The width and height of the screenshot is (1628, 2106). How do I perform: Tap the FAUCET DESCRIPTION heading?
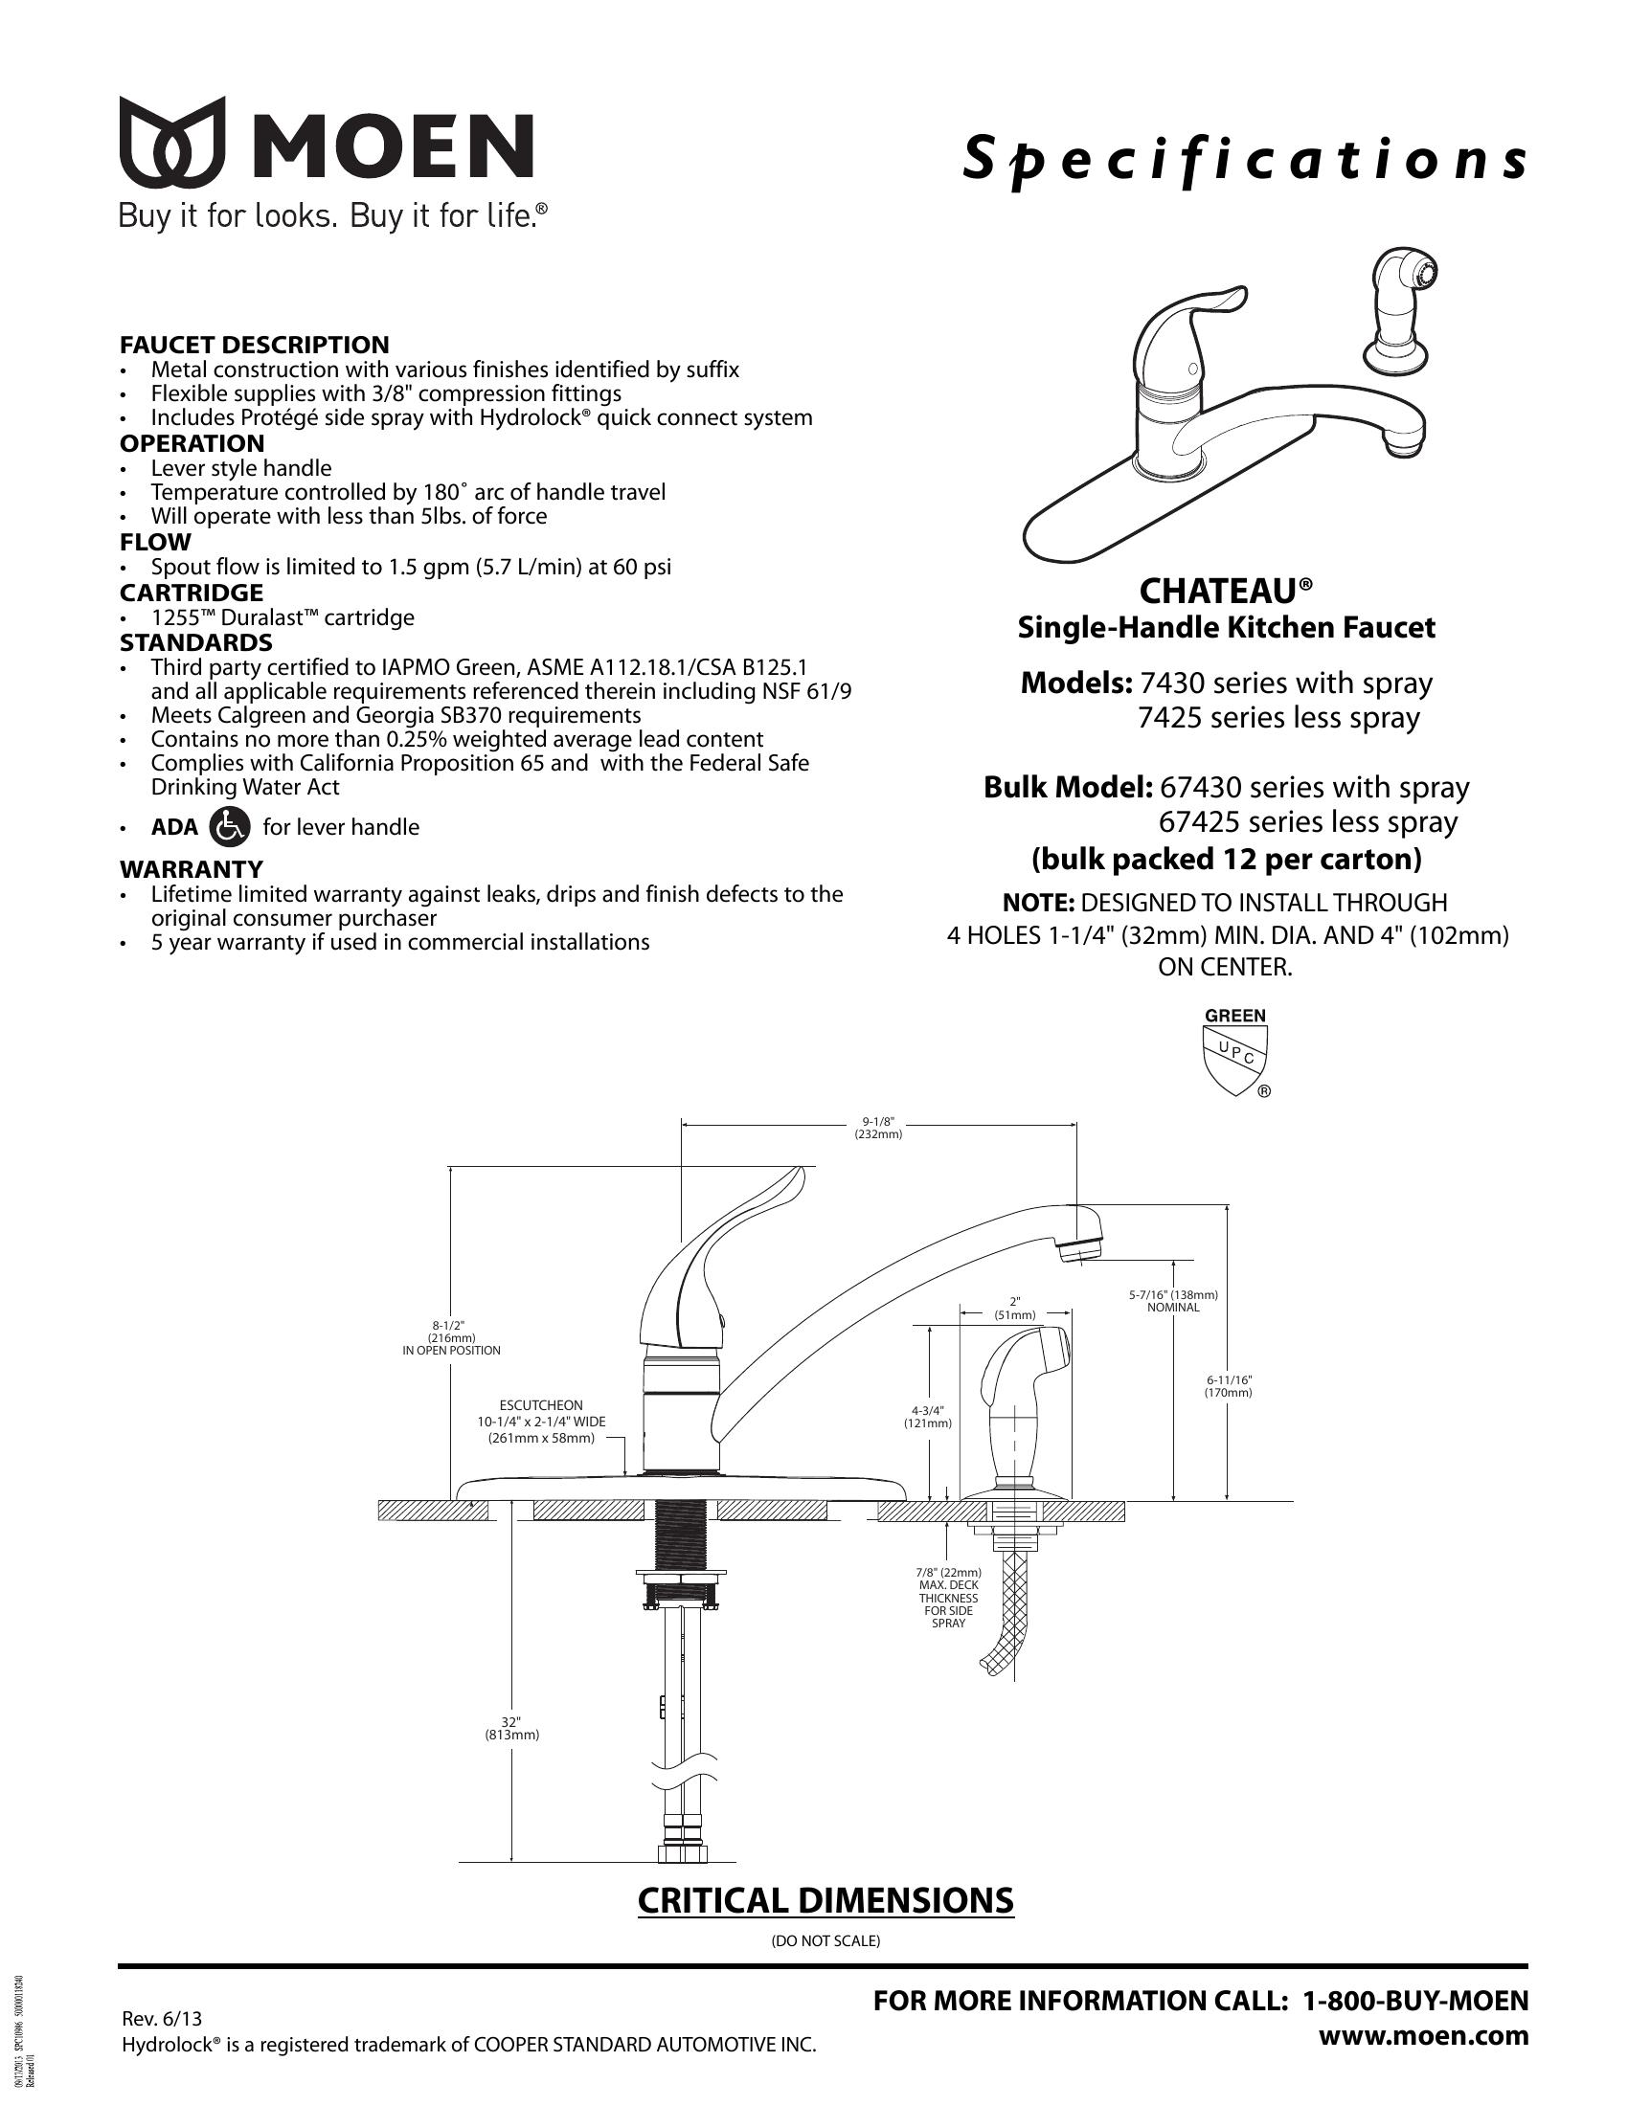[x=255, y=345]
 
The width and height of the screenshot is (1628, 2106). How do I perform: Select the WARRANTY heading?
[x=191, y=869]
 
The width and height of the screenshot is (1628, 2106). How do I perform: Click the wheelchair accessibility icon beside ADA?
[x=230, y=826]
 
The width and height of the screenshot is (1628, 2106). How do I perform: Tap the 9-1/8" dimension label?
[x=878, y=1128]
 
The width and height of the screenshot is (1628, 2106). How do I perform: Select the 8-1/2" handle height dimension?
[x=451, y=1336]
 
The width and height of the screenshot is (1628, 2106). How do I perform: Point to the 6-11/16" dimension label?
[x=1228, y=1386]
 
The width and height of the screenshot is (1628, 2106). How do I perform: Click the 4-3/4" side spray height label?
[x=928, y=1416]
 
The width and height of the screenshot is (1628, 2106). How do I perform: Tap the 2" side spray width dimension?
[x=1014, y=1307]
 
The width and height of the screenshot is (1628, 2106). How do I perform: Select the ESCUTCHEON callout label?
[x=541, y=1405]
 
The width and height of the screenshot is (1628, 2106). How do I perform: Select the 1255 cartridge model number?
[x=176, y=617]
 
